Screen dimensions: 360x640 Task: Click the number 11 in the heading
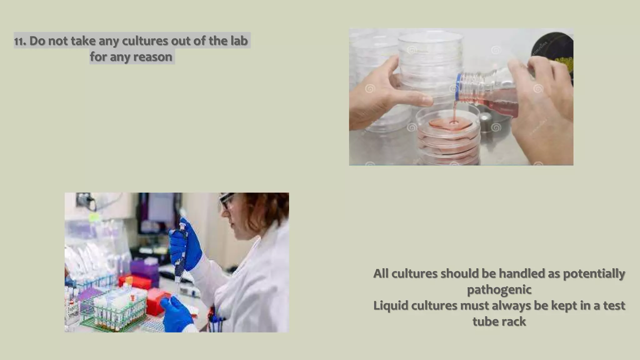[20, 41]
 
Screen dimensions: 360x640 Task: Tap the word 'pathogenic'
[499, 289]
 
